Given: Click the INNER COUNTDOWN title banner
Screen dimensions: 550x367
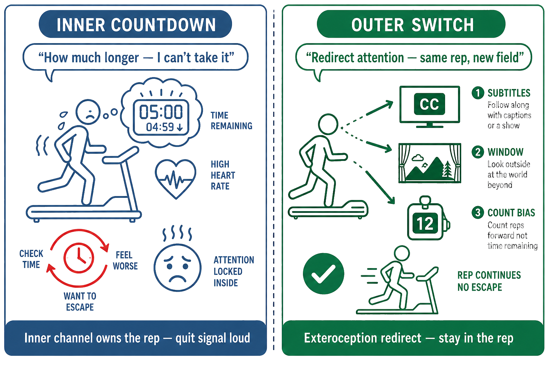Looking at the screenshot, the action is tap(135, 24).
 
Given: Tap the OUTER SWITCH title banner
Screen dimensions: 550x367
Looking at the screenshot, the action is tap(411, 24).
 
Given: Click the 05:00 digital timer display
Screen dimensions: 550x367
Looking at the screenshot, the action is tap(161, 117).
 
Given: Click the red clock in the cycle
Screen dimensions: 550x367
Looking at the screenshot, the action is tap(78, 258).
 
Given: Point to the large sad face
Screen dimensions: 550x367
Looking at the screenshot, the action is tap(178, 268).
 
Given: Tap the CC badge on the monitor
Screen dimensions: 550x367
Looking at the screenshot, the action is tap(429, 104).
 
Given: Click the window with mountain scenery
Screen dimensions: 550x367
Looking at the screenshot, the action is tap(430, 163).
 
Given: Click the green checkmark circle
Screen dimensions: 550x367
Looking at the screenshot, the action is tap(323, 273).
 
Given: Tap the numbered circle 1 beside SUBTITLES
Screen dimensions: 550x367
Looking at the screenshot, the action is tap(478, 93).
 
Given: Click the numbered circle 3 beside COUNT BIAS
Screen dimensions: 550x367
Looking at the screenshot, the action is tap(478, 213).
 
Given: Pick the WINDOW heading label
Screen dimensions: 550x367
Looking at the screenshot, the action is tap(506, 152).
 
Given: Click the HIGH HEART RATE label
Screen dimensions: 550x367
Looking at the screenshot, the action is tap(223, 175).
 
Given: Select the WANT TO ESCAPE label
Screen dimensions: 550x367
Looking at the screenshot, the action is tap(80, 302).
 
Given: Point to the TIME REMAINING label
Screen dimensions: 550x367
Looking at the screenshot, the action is tap(231, 121).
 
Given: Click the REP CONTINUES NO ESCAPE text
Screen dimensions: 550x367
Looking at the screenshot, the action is tap(489, 281).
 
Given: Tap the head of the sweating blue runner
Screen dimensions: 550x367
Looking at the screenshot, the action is tap(88, 112).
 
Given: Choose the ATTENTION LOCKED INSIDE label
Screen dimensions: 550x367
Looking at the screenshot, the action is tap(234, 271).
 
